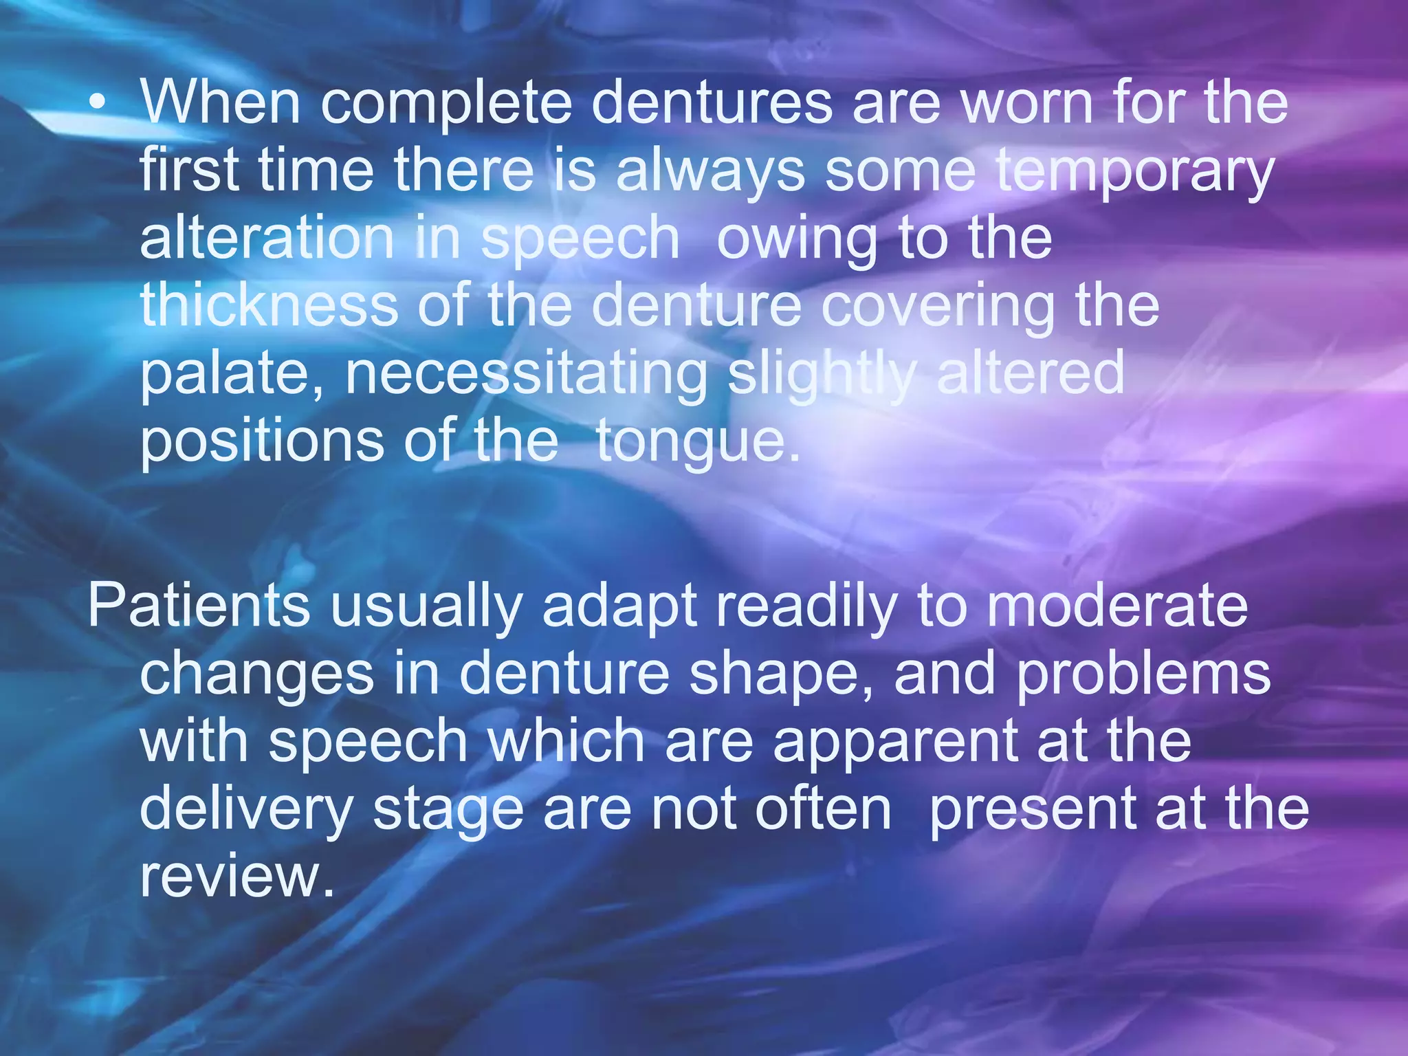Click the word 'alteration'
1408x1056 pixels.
[x=267, y=238]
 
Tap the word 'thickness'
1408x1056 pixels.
[x=269, y=305]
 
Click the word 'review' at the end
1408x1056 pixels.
[x=236, y=876]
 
